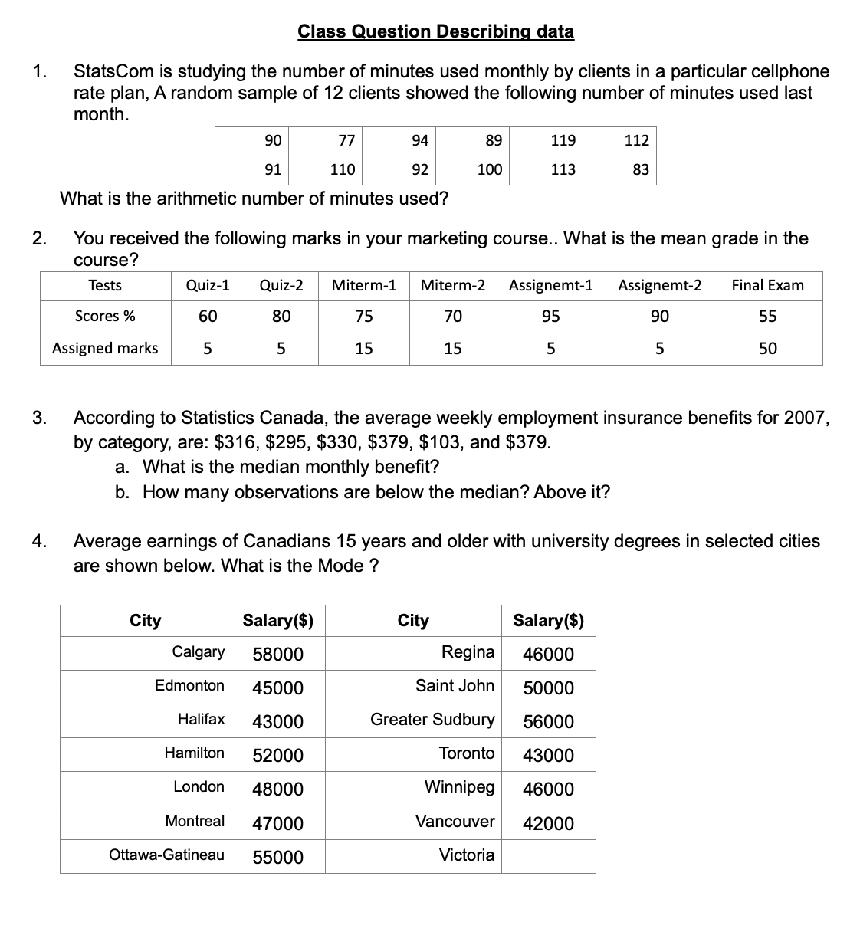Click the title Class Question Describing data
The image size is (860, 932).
click(435, 31)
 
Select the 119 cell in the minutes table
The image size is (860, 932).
click(563, 140)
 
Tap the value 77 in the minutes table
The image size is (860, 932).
click(346, 140)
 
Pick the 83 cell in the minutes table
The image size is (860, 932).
click(641, 169)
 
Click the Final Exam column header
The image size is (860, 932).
click(767, 286)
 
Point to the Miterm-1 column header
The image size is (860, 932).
click(363, 286)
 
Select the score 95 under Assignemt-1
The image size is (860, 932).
click(550, 317)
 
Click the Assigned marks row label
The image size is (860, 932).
click(105, 349)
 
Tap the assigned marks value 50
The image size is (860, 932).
click(767, 349)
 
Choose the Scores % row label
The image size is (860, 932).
click(105, 317)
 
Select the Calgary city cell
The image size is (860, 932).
click(198, 652)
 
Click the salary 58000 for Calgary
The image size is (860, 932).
click(278, 655)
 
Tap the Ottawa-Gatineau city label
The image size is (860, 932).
click(167, 855)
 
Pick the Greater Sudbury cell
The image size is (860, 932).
click(432, 720)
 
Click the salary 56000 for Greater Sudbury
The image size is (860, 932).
click(548, 722)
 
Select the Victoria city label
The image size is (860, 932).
click(466, 855)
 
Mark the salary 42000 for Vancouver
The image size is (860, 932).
click(548, 824)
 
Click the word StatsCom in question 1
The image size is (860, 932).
click(108, 72)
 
